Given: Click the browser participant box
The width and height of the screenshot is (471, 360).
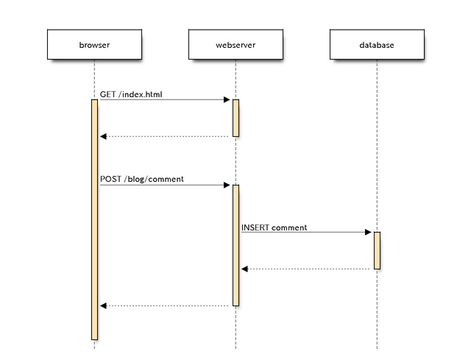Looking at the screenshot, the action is (x=94, y=44).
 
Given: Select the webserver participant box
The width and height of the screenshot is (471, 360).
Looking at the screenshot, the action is (x=235, y=44).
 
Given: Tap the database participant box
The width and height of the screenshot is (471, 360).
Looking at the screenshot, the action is (x=377, y=44).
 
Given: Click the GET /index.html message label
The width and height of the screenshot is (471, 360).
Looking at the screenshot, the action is (x=131, y=94).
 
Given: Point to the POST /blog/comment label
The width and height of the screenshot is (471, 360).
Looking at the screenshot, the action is (x=142, y=179).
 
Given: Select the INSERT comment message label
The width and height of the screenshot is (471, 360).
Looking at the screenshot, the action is (x=275, y=227).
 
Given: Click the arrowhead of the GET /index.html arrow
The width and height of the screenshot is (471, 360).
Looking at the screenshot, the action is (x=227, y=100).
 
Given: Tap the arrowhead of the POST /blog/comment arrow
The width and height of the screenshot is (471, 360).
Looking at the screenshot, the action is (x=227, y=185).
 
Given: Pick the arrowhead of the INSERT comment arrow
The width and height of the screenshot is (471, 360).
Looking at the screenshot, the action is (x=368, y=232).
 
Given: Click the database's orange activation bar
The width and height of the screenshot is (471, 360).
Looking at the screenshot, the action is (x=377, y=250).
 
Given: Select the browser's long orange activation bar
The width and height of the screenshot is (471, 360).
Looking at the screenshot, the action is (x=95, y=219).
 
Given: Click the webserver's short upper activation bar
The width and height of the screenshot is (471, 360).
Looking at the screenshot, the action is (x=235, y=118).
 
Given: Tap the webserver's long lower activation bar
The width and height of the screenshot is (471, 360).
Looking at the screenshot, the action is (x=235, y=245).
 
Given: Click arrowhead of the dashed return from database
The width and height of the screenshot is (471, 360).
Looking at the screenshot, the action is (x=244, y=269).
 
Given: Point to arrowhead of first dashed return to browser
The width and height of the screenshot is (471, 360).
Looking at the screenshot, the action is (x=103, y=136).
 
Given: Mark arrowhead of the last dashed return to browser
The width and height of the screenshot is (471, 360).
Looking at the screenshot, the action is (x=103, y=306).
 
